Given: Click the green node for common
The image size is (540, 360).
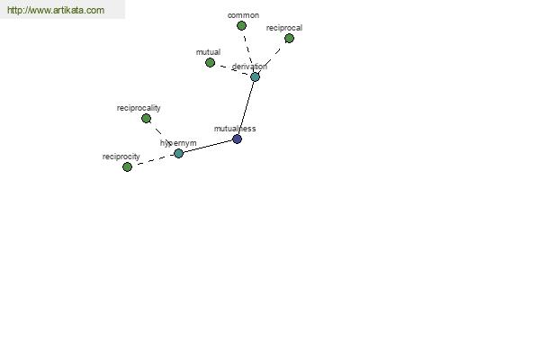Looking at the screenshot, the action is pos(241,26).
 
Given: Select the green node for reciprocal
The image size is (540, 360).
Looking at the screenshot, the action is pos(289,38).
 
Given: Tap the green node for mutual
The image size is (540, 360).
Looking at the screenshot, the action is pos(210,63).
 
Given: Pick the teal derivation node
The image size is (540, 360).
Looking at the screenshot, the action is pos(255,76).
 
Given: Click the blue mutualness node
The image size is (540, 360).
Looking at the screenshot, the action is pos(237,139).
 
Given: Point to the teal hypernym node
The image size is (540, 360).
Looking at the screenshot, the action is pos(178,153).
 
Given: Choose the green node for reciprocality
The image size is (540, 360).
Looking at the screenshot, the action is pos(146,119).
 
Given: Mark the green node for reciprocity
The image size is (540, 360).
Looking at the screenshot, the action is pos(127,167).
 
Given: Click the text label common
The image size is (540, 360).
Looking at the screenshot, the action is pos(243,15).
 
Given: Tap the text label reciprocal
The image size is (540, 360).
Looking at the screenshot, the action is pos(284,28).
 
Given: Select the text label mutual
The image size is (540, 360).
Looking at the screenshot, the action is pos(208,52).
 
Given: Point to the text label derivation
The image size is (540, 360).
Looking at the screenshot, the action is pos(249,66).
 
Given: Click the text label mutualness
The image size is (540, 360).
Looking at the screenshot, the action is pos(235,129).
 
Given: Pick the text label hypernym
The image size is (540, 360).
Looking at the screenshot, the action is pos(178,143).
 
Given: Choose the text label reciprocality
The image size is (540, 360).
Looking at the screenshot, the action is pos(139,108).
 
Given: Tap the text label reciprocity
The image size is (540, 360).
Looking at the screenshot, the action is pos(121,157).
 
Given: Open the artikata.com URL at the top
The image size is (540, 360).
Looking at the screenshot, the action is pos(56,10).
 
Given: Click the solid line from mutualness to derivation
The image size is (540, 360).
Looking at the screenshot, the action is pos(246,108).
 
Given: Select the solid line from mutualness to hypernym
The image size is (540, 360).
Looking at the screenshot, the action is pos(208,147).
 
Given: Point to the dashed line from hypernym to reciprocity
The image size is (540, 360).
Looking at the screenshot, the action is pos(153,161).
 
